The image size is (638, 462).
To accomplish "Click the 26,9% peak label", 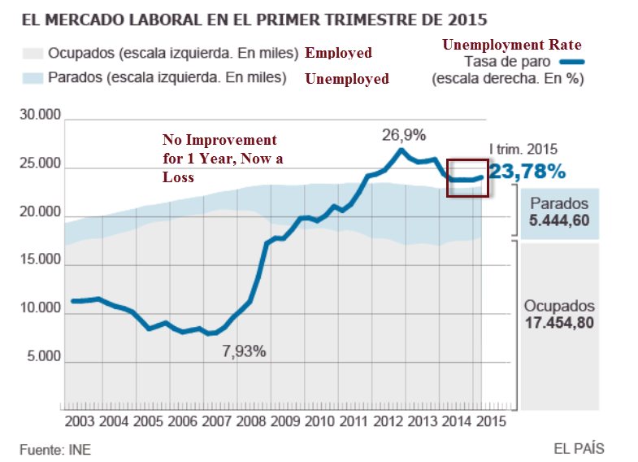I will [x=404, y=134].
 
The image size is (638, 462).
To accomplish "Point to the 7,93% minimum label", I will [x=244, y=351].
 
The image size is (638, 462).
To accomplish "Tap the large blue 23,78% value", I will [x=527, y=171].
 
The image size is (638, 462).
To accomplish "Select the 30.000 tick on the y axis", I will [x=41, y=116].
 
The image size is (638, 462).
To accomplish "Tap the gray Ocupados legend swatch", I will [x=32, y=54].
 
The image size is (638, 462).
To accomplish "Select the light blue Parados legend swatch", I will [x=32, y=78].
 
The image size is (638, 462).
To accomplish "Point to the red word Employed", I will [x=338, y=54].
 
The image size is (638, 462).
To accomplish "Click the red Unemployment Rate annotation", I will [x=511, y=45].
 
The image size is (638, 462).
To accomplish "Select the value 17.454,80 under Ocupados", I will [x=559, y=323].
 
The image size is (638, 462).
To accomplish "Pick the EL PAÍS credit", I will [x=579, y=448].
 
